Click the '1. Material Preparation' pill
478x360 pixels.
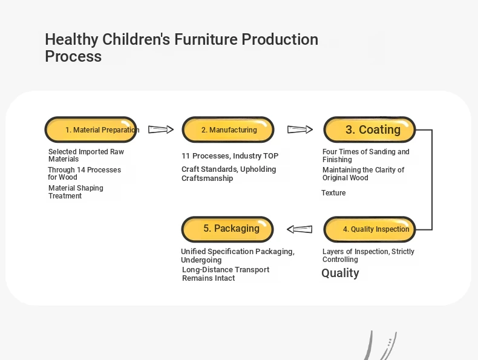click(91, 129)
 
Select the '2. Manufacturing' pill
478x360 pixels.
click(228, 129)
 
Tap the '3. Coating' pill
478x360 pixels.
click(370, 129)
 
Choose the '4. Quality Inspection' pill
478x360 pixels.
click(370, 229)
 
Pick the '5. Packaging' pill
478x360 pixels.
click(228, 229)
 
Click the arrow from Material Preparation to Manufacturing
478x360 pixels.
click(161, 129)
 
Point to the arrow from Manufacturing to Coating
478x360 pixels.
click(300, 129)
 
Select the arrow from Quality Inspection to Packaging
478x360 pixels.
click(300, 229)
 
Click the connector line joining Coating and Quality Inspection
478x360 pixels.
click(432, 180)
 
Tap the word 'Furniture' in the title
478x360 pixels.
click(206, 39)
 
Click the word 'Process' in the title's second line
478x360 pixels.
click(73, 56)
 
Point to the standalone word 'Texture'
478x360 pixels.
click(333, 193)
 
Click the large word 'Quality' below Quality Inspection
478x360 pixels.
click(340, 273)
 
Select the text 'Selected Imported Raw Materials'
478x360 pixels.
click(86, 155)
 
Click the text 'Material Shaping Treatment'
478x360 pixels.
click(76, 192)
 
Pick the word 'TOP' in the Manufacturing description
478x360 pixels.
click(270, 156)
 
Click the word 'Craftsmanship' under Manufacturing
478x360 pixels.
click(208, 178)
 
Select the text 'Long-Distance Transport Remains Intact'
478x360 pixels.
click(226, 273)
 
